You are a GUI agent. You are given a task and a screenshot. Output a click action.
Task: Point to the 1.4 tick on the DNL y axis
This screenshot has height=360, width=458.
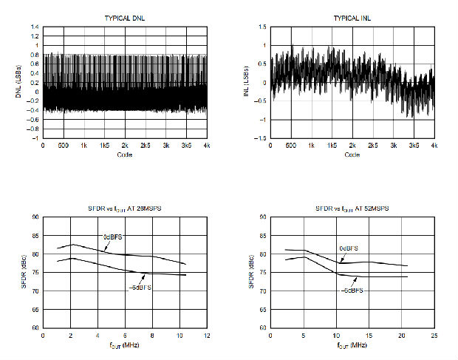34,27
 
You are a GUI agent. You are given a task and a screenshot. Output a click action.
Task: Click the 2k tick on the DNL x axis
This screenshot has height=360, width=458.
125,146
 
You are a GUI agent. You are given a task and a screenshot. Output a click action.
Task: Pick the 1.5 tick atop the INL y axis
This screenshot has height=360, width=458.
262,27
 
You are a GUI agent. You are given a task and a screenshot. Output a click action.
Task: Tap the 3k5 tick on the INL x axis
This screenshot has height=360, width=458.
413,146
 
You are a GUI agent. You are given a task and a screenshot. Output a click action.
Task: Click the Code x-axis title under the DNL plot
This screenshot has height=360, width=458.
125,154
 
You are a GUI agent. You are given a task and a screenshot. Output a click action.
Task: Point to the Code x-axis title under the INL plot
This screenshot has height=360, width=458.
352,154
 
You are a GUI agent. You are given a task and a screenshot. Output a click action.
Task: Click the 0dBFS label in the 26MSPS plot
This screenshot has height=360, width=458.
114,237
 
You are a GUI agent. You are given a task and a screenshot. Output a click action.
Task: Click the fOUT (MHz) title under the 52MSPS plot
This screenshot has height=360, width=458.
352,345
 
